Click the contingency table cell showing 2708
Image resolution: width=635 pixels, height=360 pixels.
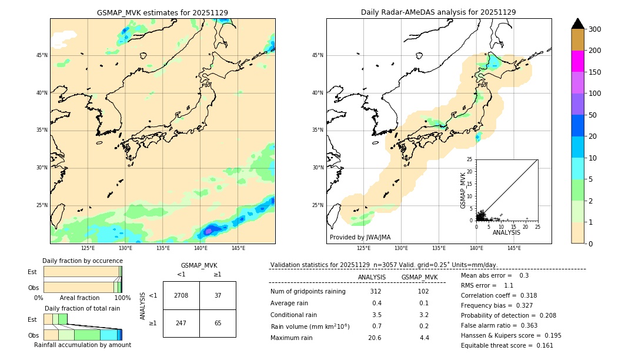tap(181, 295)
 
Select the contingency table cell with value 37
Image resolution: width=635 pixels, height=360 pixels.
tap(218, 295)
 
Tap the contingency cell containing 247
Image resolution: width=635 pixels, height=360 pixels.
tap(181, 324)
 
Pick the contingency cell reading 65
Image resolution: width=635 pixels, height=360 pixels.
tap(218, 324)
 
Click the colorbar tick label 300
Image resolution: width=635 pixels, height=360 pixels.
tap(595, 29)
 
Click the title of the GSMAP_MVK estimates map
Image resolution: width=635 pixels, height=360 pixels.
tap(162, 12)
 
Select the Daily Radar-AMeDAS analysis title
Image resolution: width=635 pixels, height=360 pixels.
tap(438, 12)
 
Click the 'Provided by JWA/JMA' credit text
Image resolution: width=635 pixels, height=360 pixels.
tap(360, 238)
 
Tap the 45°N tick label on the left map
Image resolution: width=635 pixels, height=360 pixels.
tap(42, 55)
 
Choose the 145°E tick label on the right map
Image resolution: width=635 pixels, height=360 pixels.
tap(514, 248)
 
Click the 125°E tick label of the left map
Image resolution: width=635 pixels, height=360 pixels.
tap(88, 248)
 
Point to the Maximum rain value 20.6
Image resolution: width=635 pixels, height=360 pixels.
tap(375, 338)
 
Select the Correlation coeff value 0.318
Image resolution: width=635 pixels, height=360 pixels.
tap(524, 295)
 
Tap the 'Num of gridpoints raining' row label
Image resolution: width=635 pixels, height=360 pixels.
tap(308, 292)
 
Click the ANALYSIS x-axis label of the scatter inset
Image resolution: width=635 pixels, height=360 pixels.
tap(506, 232)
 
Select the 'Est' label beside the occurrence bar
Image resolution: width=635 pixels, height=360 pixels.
tap(32, 272)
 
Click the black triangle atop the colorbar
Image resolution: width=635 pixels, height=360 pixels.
tap(578, 24)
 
